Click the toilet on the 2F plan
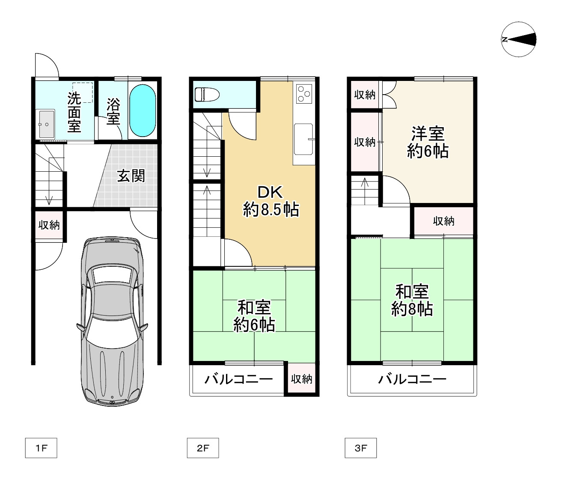207,94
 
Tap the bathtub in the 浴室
143,110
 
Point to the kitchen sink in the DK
303,139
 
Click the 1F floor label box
41,448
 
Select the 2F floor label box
203,448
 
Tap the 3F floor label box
361,448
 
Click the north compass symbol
518,39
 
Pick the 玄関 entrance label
131,176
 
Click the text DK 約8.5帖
271,201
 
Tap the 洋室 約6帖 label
428,142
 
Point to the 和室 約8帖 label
412,300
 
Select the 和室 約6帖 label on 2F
254,316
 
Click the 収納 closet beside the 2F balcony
301,379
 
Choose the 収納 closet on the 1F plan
49,225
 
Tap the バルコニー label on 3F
412,379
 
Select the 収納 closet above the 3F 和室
443,221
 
